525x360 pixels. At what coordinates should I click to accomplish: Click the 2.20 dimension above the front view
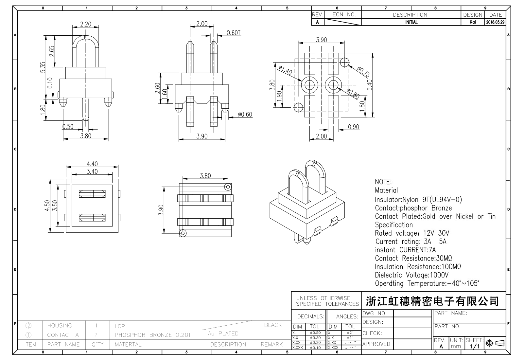pyautogui.click(x=86, y=24)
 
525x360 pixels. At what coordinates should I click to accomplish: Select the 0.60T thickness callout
pyautogui.click(x=234, y=33)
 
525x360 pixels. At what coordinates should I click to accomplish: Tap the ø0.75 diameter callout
pyautogui.click(x=363, y=72)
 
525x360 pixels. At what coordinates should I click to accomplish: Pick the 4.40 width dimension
pyautogui.click(x=92, y=164)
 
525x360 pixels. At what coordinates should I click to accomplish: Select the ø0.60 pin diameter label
pyautogui.click(x=245, y=115)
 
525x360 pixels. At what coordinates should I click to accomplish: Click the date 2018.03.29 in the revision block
pyautogui.click(x=495, y=22)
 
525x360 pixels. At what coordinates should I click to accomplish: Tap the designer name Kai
pyautogui.click(x=473, y=22)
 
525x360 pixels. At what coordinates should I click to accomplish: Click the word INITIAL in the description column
pyautogui.click(x=411, y=22)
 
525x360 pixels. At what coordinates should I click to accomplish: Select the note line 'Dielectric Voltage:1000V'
pyautogui.click(x=412, y=275)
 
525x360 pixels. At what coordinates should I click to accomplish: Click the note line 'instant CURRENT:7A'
pyautogui.click(x=405, y=250)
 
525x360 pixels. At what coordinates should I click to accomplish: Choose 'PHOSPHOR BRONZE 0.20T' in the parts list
pyautogui.click(x=152, y=335)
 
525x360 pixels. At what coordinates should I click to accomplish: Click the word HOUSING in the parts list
pyautogui.click(x=60, y=326)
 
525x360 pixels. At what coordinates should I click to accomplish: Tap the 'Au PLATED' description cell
pyautogui.click(x=223, y=334)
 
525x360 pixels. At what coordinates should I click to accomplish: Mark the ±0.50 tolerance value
pyautogui.click(x=315, y=333)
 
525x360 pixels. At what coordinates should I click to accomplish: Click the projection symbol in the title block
pyautogui.click(x=495, y=343)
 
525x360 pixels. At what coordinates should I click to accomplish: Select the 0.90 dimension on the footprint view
pyautogui.click(x=353, y=127)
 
